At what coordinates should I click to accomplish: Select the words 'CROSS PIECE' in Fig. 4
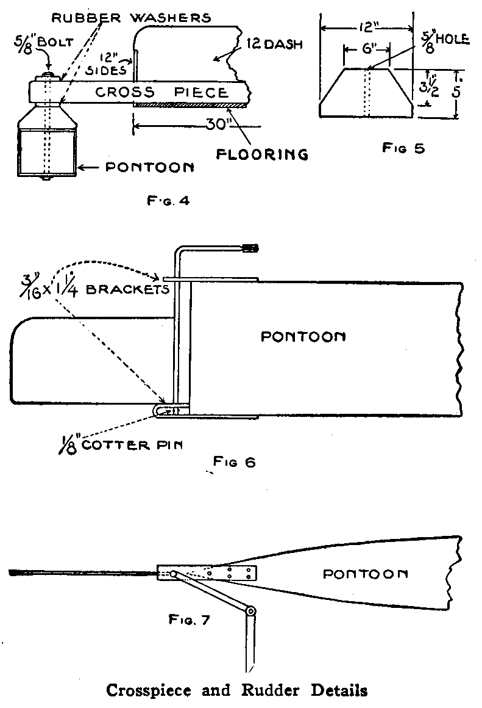click(162, 93)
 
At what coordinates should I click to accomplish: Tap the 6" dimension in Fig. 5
click(367, 50)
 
